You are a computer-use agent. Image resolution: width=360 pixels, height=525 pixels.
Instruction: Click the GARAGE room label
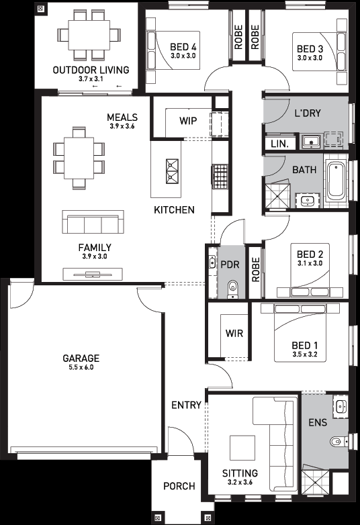[x=81, y=359]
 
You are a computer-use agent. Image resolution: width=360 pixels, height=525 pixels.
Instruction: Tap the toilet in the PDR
[x=232, y=289]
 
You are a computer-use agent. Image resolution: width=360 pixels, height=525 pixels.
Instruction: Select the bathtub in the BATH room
[x=336, y=180]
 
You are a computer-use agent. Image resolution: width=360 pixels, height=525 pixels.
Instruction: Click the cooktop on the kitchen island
[x=173, y=171]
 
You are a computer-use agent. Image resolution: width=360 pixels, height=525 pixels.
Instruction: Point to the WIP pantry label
[x=188, y=121]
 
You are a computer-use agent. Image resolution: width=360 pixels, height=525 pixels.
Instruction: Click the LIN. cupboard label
[x=279, y=144]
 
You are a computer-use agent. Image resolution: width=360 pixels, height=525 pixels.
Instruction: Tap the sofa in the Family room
[x=93, y=222]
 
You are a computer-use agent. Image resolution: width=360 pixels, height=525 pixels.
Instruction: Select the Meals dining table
[x=79, y=158]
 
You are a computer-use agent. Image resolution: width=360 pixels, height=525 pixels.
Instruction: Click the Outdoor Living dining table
[x=89, y=35]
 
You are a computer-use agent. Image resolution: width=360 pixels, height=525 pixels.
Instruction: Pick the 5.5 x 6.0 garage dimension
[x=81, y=367]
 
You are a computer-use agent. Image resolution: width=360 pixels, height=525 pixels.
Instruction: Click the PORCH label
[x=179, y=486]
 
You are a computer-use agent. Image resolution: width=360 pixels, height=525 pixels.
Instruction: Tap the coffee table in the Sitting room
[x=242, y=448]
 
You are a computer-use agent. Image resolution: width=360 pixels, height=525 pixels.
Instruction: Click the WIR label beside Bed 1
[x=234, y=333]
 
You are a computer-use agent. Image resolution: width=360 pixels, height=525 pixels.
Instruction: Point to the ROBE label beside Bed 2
[x=255, y=269]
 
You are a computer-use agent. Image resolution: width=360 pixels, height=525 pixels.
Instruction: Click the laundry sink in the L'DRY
[x=312, y=141]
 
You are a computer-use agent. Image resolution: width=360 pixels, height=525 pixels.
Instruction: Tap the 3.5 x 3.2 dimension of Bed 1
[x=305, y=354]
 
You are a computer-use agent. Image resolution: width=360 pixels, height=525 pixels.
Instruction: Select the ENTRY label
[x=186, y=405]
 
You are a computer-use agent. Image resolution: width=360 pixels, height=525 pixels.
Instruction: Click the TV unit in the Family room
[x=93, y=275]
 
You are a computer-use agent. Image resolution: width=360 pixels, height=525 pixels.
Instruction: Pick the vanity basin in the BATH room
[x=308, y=200]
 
